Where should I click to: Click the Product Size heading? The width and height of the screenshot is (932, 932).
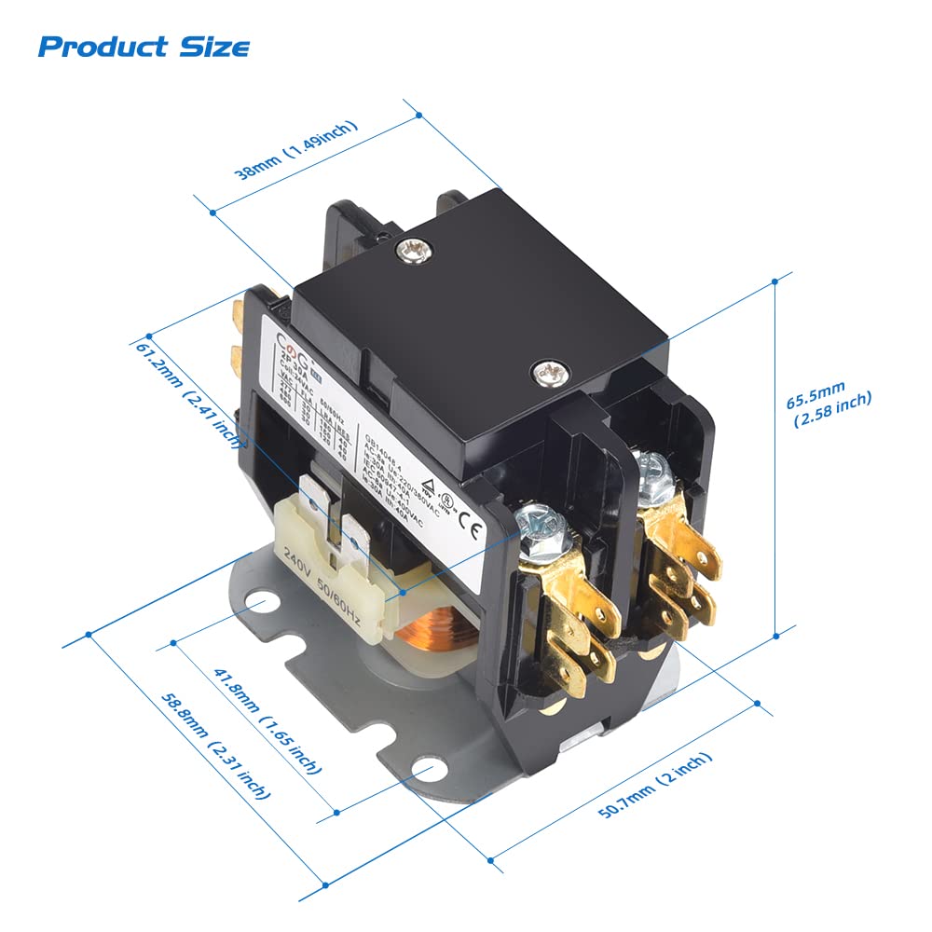tap(144, 46)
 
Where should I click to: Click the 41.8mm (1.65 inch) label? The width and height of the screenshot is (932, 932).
tap(267, 720)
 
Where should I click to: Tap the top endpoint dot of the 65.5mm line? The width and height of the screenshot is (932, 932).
tap(775, 286)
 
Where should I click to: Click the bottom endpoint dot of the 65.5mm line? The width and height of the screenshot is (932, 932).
tap(775, 637)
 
